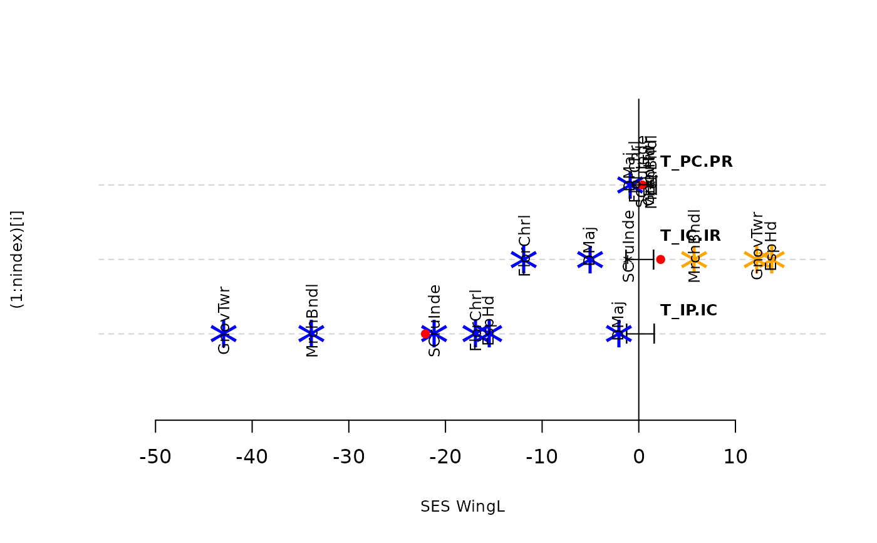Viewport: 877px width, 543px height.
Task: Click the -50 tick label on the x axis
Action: (155, 457)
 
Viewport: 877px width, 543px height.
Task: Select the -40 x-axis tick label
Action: (252, 457)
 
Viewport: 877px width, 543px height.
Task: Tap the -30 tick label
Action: (348, 457)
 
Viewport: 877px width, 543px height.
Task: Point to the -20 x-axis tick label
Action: (445, 457)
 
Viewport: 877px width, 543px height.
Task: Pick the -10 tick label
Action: (542, 457)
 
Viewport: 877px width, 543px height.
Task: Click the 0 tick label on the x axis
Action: (638, 457)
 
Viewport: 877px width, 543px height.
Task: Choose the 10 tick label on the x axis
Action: (735, 457)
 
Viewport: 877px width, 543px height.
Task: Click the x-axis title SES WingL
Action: (463, 507)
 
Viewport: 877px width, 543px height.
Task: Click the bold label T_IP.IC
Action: (688, 310)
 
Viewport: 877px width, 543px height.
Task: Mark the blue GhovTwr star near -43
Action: (224, 334)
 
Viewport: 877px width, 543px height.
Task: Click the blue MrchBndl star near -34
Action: (311, 334)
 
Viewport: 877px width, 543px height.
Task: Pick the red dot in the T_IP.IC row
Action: (426, 334)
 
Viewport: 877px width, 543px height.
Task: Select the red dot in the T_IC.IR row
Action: (660, 259)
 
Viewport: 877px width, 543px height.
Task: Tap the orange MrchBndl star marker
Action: (694, 259)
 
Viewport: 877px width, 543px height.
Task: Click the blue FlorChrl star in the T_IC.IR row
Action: (523, 259)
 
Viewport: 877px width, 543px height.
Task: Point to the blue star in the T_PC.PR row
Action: (629, 185)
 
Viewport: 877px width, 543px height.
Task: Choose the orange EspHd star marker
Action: (772, 259)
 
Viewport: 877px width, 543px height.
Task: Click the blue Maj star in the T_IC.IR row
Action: (589, 259)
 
